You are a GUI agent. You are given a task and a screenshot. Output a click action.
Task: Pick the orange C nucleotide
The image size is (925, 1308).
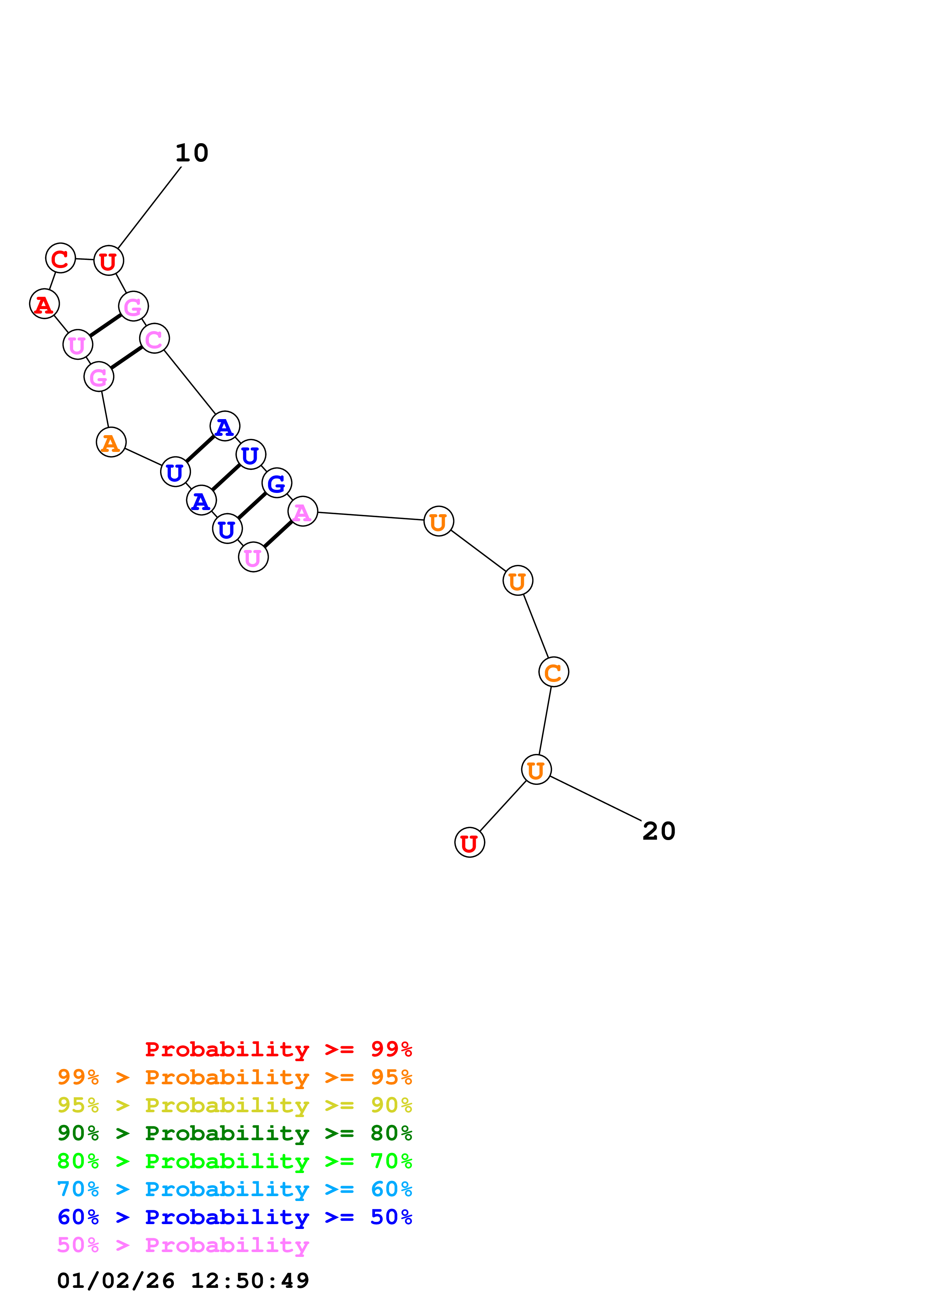coord(553,672)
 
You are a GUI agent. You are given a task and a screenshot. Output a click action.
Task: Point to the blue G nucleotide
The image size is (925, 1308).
coord(276,483)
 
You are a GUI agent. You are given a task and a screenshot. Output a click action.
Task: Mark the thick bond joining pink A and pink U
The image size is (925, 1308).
coord(278,534)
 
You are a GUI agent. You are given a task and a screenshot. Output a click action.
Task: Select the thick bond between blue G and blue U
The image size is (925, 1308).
coord(252,506)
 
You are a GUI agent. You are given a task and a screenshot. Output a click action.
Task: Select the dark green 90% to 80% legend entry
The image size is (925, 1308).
coord(234,1133)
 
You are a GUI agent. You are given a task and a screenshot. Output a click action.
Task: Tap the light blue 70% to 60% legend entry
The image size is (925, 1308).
coord(234,1189)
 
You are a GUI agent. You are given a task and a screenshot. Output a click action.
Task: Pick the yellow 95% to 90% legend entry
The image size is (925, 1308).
coord(234,1105)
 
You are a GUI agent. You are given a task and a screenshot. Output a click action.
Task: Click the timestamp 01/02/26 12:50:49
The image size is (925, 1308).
coord(183,1281)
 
